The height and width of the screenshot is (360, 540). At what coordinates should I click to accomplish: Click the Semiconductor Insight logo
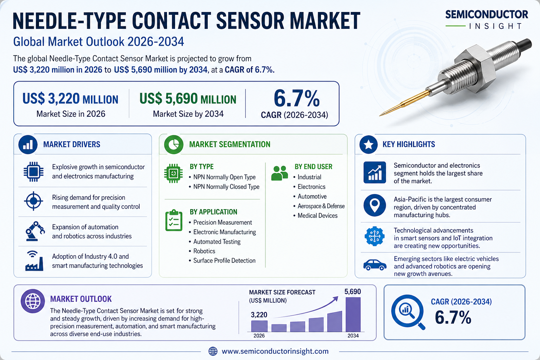(x=487, y=20)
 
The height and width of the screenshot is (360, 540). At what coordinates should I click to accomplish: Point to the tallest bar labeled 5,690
(x=353, y=314)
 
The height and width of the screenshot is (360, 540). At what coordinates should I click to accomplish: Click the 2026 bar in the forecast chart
(x=259, y=326)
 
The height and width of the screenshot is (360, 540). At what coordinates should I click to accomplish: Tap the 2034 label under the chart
(x=353, y=336)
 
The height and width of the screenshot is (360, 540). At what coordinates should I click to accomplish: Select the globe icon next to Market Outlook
(x=33, y=301)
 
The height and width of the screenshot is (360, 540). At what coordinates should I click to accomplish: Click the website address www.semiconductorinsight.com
(x=275, y=351)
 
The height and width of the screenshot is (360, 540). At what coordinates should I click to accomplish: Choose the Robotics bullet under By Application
(x=204, y=251)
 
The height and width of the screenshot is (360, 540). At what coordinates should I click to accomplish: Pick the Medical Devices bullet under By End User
(x=317, y=216)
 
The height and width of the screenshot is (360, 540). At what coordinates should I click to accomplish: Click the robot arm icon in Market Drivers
(x=34, y=231)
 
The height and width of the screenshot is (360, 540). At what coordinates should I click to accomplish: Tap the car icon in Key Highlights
(x=374, y=264)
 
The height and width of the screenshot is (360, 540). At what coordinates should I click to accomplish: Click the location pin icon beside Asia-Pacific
(x=375, y=205)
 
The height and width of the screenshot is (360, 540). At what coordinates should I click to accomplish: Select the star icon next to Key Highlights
(x=368, y=144)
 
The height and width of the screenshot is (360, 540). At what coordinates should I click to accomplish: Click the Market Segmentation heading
(x=230, y=144)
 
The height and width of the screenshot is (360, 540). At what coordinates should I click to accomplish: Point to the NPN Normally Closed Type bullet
(x=226, y=187)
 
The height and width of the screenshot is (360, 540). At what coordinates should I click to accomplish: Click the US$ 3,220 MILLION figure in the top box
(x=70, y=99)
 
